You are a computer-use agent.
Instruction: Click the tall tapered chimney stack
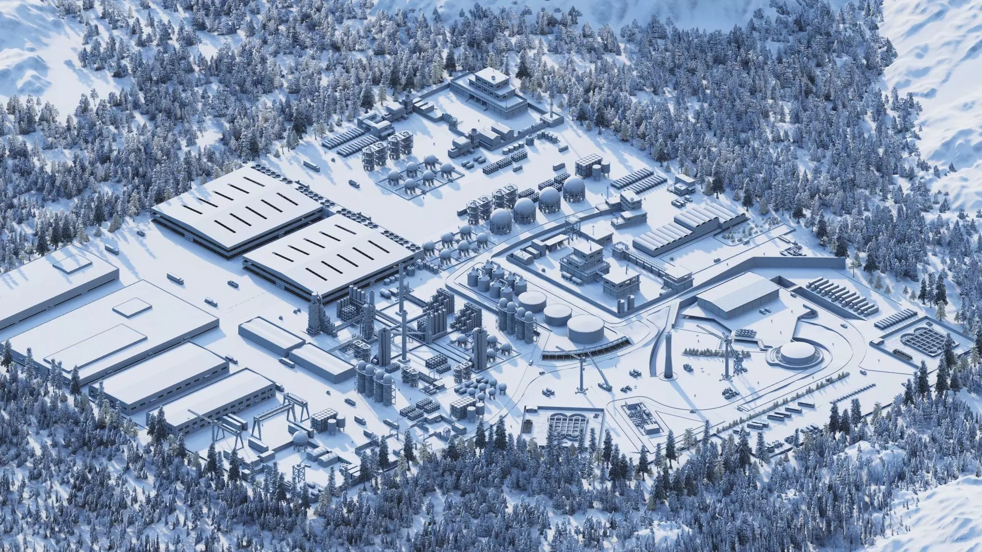(668, 353)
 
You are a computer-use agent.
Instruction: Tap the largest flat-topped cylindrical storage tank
(585, 329)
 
